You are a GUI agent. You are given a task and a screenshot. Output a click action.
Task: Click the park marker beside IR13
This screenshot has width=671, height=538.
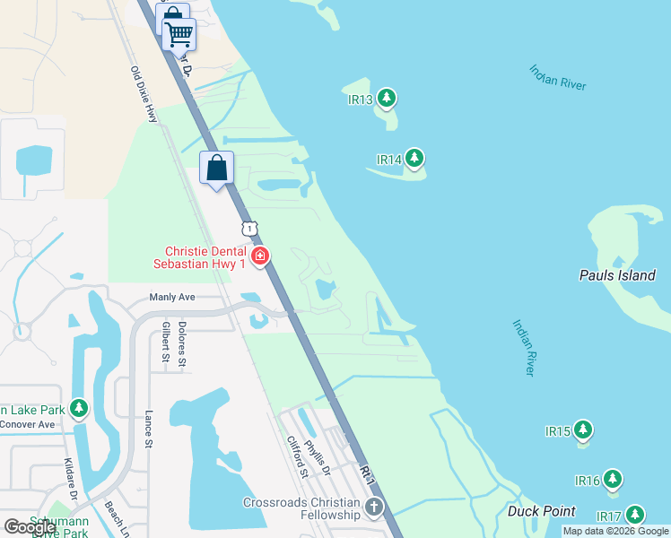[x=387, y=97]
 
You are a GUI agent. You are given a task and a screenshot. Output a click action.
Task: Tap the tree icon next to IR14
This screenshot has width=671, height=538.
[x=414, y=159]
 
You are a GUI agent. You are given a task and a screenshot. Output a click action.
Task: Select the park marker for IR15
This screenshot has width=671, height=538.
[x=583, y=430]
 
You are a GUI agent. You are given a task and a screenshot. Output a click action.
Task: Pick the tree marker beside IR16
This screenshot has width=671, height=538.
[x=613, y=480]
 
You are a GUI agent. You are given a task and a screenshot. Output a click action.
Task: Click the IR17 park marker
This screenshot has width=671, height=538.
[x=635, y=515]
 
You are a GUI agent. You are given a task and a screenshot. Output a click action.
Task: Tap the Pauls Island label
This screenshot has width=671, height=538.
[x=617, y=275]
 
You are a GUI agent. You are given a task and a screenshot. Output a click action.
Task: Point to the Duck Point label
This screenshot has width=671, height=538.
[x=541, y=511]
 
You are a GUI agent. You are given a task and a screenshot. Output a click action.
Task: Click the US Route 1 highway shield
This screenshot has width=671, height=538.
[x=249, y=230]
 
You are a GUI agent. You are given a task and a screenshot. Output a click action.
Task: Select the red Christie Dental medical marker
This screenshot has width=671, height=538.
[x=260, y=257]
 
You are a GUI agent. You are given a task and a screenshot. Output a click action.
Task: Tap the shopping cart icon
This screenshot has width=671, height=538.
[x=179, y=34]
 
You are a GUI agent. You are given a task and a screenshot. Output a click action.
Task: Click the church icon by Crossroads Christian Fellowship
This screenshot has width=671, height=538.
[x=373, y=508]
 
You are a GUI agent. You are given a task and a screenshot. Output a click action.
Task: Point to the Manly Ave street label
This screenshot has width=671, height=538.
[x=171, y=297]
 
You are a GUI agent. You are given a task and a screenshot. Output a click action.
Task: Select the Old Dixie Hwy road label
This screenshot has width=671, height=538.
[x=144, y=95]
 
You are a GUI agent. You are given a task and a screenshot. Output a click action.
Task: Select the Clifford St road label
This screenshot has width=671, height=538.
[x=297, y=456]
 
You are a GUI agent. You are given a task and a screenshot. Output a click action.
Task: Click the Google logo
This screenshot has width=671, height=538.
[x=30, y=526]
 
